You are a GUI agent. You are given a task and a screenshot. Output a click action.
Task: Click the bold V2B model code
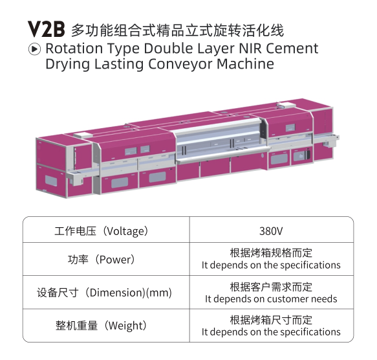coord(46,29)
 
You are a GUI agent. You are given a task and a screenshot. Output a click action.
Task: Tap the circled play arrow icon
coord(34,49)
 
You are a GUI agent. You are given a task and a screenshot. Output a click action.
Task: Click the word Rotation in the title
coord(74,48)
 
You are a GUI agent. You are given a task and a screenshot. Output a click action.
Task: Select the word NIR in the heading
coord(250,48)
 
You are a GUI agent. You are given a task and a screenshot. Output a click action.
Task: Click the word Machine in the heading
coord(245,64)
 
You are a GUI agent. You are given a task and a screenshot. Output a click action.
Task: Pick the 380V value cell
coord(271,231)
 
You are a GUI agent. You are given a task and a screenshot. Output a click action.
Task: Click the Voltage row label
coord(102,231)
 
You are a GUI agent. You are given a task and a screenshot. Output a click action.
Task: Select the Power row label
coord(102,260)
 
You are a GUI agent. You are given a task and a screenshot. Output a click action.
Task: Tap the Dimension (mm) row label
coord(104,293)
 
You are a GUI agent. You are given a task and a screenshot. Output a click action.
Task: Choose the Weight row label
coord(102,326)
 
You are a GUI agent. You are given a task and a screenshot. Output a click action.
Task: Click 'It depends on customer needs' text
coord(271,299)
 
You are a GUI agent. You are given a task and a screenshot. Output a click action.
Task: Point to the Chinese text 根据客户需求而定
coord(271,287)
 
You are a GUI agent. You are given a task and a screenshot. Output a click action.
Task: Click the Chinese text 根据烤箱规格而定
coord(271,253)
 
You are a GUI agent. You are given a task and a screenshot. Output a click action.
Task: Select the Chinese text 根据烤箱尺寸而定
coord(271,321)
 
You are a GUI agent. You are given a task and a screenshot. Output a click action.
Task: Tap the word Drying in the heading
coord(67,65)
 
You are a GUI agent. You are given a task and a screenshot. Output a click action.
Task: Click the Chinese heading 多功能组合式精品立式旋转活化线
coord(177,30)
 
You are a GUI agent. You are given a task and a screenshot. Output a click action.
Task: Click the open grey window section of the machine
coord(220,142)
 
